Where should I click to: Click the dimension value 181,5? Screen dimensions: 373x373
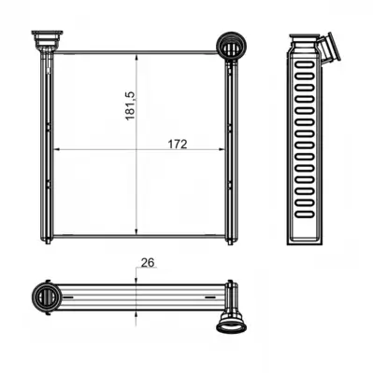pyautogui.click(x=130, y=105)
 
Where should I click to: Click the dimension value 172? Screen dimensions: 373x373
pyautogui.click(x=178, y=145)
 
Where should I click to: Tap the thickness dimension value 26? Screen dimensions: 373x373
pyautogui.click(x=148, y=263)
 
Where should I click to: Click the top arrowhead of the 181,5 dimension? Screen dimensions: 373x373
pyautogui.click(x=136, y=59)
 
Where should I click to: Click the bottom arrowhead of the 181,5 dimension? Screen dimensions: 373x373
pyautogui.click(x=136, y=230)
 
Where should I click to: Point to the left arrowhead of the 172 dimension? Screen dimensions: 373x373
pyautogui.click(x=59, y=150)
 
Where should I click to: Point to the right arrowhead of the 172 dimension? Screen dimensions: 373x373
pyautogui.click(x=221, y=150)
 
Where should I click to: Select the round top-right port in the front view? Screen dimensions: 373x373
pyautogui.click(x=231, y=45)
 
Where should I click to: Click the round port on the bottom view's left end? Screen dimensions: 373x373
pyautogui.click(x=47, y=297)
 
